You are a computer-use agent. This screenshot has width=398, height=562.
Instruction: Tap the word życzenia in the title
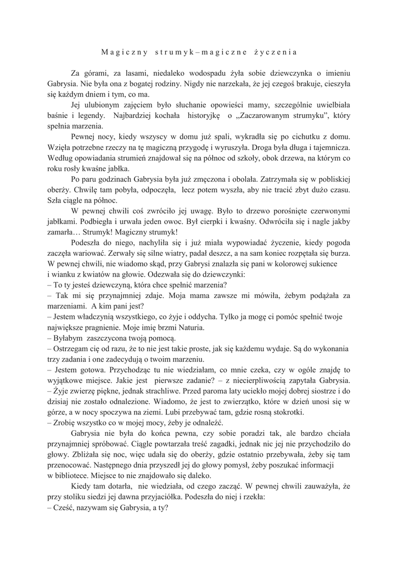tap(275, 53)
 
